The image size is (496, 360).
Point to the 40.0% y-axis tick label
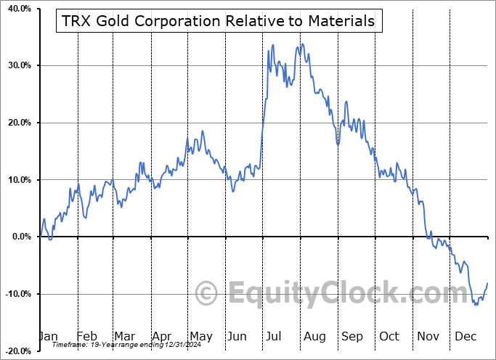[17, 9]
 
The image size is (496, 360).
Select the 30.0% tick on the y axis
[17, 66]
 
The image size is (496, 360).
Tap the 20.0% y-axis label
[17, 123]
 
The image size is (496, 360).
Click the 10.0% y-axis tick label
[17, 180]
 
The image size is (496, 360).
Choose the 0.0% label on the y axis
[20, 237]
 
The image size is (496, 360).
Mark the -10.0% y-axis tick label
[17, 294]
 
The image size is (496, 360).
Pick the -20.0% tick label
[17, 351]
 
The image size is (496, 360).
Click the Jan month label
[48, 336]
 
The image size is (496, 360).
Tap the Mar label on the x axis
[124, 336]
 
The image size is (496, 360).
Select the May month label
[200, 336]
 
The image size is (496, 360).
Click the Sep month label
[352, 336]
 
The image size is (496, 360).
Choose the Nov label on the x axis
[428, 336]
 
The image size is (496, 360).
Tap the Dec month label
[465, 336]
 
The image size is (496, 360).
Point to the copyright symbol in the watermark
[208, 294]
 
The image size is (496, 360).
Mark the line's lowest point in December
[476, 304]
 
